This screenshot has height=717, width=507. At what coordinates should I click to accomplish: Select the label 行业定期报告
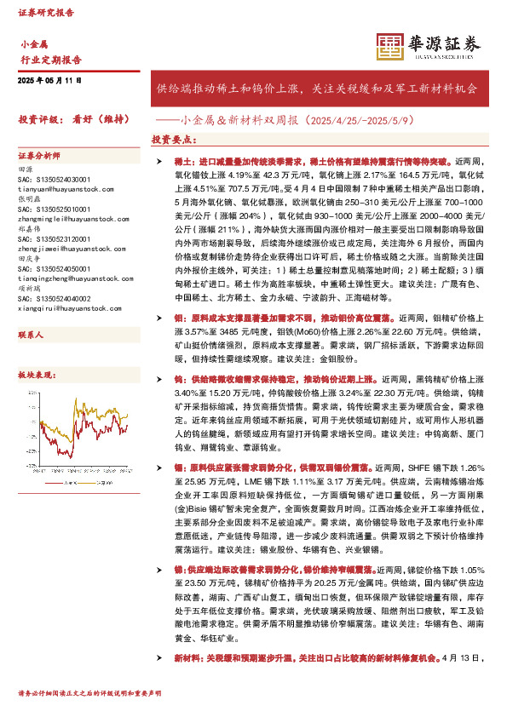(x=50, y=60)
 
